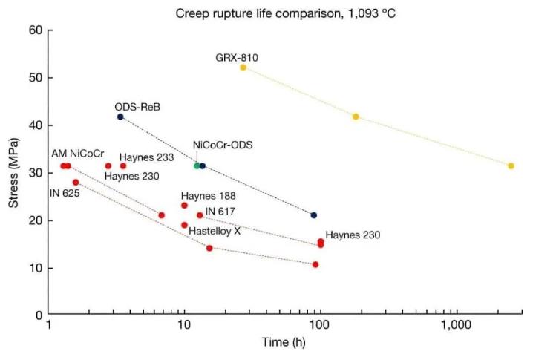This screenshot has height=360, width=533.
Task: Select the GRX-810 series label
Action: tap(237, 57)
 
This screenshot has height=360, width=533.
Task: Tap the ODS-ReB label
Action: tap(137, 107)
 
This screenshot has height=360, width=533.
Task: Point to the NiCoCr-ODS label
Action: tap(223, 145)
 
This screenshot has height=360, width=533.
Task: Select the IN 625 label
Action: tap(65, 192)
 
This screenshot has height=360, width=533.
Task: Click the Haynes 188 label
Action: tap(209, 196)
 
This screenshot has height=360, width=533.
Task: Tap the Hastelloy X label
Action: tap(214, 231)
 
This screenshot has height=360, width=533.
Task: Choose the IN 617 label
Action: tap(220, 212)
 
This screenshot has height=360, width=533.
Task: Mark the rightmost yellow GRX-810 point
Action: tap(511, 166)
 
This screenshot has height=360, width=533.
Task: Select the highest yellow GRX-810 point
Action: tap(243, 68)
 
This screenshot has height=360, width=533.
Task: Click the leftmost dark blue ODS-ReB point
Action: tap(120, 117)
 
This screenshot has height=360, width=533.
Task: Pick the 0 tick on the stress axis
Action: tap(37, 315)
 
